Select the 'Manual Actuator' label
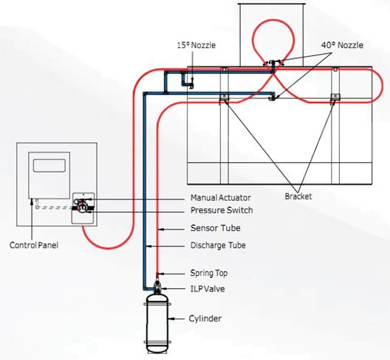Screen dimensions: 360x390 pyautogui.click(x=220, y=198)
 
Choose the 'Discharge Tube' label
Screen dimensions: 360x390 pyautogui.click(x=217, y=246)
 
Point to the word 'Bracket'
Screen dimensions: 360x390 pyautogui.click(x=299, y=197)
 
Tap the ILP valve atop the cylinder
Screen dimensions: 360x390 pyautogui.click(x=157, y=284)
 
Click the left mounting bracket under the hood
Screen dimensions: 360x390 pyautogui.click(x=222, y=98)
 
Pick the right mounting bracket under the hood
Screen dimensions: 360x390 pyautogui.click(x=334, y=98)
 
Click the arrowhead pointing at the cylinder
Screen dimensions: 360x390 pyautogui.click(x=171, y=319)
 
